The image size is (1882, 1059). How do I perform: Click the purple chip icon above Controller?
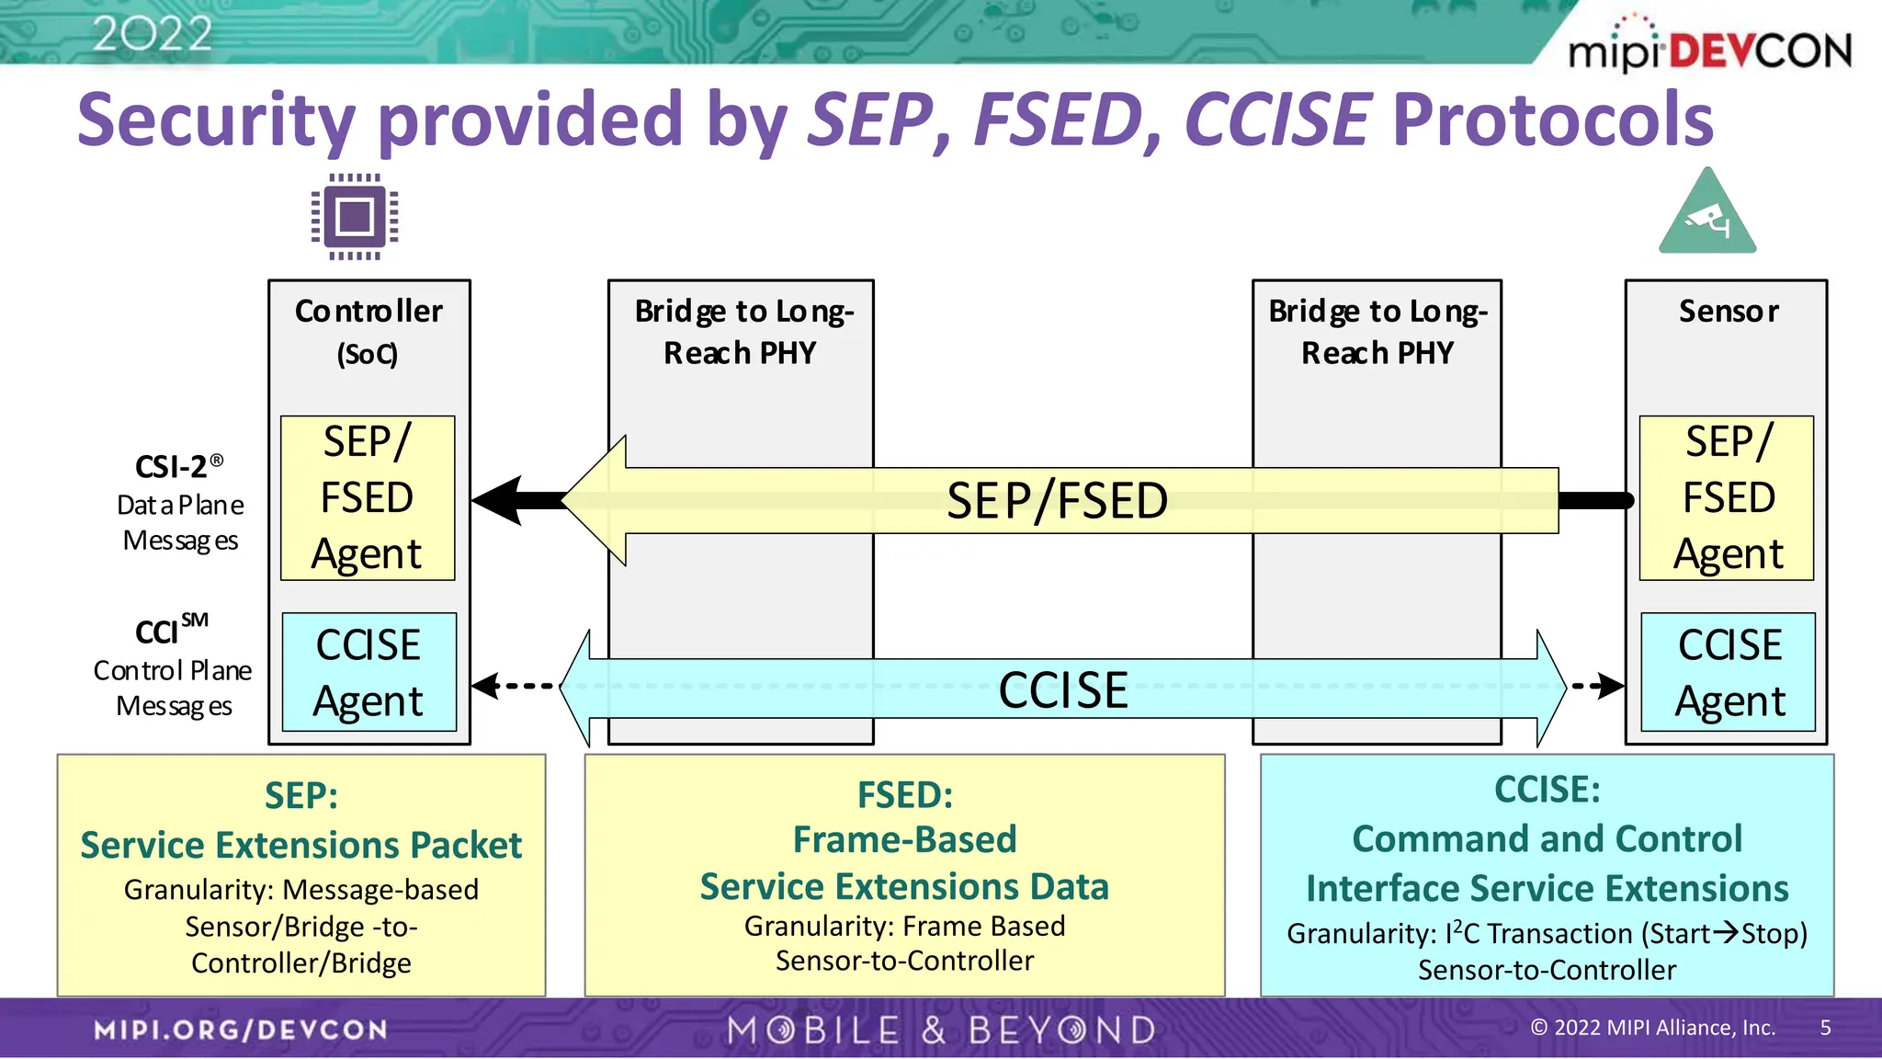tap(355, 217)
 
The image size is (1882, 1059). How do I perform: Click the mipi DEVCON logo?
tap(1709, 48)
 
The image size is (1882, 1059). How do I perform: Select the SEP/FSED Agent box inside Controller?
tap(368, 497)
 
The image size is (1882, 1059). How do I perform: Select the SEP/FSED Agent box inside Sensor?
tap(1727, 497)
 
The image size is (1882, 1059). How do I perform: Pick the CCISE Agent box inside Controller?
tap(368, 672)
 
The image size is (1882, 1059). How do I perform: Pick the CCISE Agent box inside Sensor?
tap(1729, 672)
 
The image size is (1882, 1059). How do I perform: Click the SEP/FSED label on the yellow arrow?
tap(1057, 501)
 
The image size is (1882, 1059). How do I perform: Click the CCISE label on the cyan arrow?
tap(1063, 689)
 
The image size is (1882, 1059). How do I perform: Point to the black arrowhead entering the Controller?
tap(501, 500)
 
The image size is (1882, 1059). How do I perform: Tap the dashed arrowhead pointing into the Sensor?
tap(1608, 686)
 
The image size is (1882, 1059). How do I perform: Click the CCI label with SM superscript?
tap(171, 631)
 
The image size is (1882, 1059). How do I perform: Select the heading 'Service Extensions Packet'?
tap(300, 845)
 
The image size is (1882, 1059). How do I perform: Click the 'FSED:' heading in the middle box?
tap(904, 794)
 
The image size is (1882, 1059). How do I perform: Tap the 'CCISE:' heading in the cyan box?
tap(1547, 789)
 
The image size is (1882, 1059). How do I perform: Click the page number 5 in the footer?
tap(1825, 1028)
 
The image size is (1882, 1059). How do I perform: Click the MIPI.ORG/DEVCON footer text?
tap(241, 1030)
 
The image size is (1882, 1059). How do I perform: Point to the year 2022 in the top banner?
tap(152, 34)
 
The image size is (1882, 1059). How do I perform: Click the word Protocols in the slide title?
tap(1552, 120)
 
